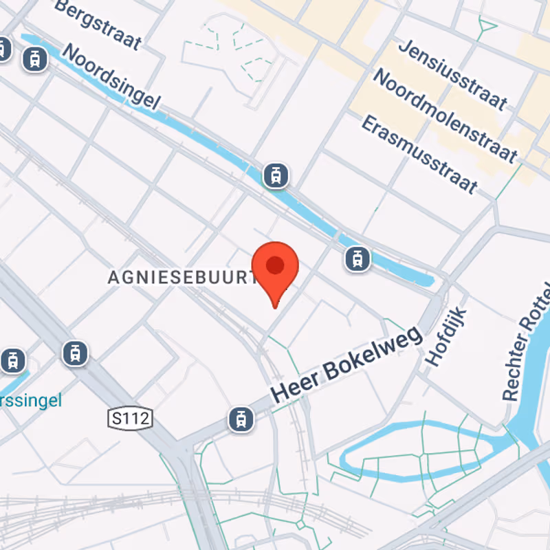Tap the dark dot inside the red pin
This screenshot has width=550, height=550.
pyautogui.click(x=275, y=265)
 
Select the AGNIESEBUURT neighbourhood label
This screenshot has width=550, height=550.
pyautogui.click(x=182, y=277)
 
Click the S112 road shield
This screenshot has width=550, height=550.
pyautogui.click(x=130, y=417)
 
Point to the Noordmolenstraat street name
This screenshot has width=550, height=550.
pyautogui.click(x=444, y=115)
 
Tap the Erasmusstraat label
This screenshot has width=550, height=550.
pyautogui.click(x=419, y=153)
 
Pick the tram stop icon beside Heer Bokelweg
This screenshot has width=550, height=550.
pyautogui.click(x=241, y=418)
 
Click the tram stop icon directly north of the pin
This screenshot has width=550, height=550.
pyautogui.click(x=276, y=175)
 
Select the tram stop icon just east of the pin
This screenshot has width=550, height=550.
pyautogui.click(x=357, y=259)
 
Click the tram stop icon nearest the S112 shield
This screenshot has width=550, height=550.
pyautogui.click(x=75, y=353)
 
